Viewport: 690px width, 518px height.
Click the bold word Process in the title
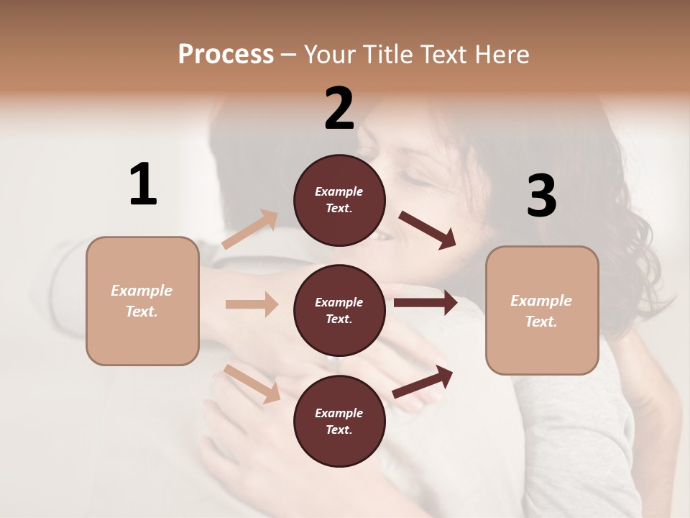click(x=226, y=54)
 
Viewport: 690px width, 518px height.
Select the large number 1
click(x=143, y=184)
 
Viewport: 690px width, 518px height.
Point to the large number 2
click(x=339, y=109)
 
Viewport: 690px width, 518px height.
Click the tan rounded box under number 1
click(x=142, y=301)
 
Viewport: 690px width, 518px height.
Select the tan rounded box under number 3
click(x=542, y=311)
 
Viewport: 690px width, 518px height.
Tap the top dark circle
click(x=339, y=200)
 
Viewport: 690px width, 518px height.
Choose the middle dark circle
click(x=339, y=311)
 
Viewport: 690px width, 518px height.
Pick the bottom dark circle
click(x=339, y=422)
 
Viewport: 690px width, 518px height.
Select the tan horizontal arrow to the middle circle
click(x=252, y=304)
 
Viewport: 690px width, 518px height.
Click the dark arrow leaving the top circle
click(x=428, y=230)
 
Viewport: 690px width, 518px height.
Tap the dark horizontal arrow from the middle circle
click(x=425, y=302)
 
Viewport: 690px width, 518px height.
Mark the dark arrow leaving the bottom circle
click(x=423, y=382)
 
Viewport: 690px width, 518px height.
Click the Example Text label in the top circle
click(x=339, y=200)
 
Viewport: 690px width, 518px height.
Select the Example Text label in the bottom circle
click(x=339, y=422)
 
